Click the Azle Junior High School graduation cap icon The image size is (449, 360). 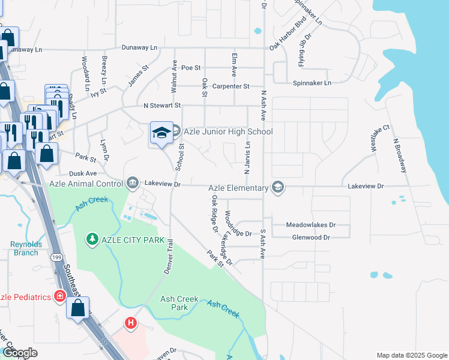[x=161, y=133]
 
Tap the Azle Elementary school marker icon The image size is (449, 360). [x=277, y=188]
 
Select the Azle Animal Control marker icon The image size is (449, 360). [x=133, y=182]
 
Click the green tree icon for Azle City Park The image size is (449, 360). [x=92, y=239]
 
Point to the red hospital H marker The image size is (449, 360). [x=130, y=323]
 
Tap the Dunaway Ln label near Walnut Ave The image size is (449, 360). [x=139, y=47]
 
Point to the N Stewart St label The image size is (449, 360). [x=162, y=106]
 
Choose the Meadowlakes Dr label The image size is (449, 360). [x=310, y=225]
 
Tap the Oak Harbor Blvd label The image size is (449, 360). [x=288, y=38]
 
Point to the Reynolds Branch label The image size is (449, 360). [x=25, y=248]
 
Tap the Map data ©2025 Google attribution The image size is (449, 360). [x=411, y=355]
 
